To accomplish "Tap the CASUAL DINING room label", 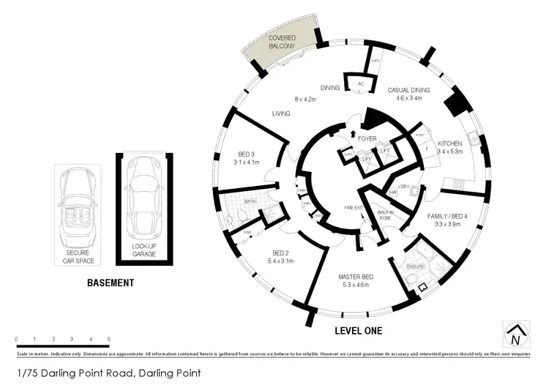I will tap(408, 89).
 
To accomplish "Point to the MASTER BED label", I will tap(356, 277).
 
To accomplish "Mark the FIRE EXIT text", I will tap(354, 208).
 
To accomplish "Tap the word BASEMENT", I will tap(111, 282).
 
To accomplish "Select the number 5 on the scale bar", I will tap(109, 339).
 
